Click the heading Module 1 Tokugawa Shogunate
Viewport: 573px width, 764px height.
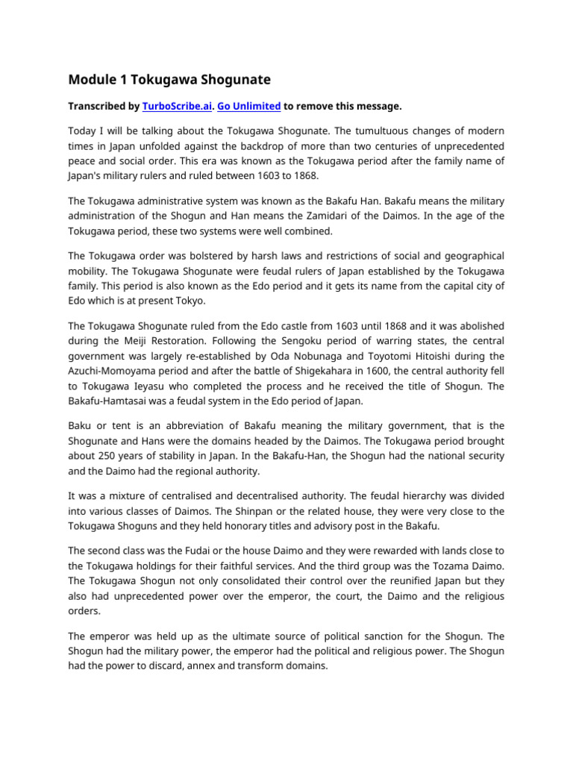169,79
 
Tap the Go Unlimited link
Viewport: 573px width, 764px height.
249,107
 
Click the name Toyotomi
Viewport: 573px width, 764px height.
386,356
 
